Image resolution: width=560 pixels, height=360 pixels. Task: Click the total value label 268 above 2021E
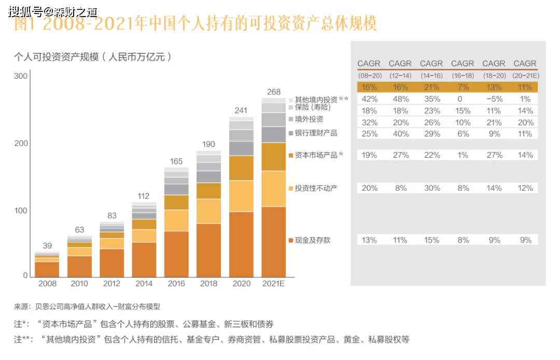274,92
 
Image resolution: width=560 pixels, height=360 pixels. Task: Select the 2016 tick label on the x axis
176,284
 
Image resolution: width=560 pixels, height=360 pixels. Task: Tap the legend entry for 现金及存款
312,240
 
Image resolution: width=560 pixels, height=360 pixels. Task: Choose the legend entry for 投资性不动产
316,188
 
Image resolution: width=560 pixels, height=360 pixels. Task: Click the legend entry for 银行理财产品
316,133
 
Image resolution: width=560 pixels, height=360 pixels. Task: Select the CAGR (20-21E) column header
525,69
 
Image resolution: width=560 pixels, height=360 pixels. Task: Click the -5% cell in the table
494,99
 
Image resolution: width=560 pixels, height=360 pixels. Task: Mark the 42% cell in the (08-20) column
369,99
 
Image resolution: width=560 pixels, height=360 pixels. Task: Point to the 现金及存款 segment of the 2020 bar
241,244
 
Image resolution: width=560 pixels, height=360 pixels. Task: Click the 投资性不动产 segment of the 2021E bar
274,189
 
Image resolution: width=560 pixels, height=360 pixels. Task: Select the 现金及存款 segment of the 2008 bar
47,269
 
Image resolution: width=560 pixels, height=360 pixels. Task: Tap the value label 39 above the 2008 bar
47,246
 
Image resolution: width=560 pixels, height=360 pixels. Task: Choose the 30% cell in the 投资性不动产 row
431,188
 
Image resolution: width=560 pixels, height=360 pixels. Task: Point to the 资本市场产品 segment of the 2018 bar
208,191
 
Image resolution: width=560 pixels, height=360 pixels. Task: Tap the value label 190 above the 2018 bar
208,144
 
